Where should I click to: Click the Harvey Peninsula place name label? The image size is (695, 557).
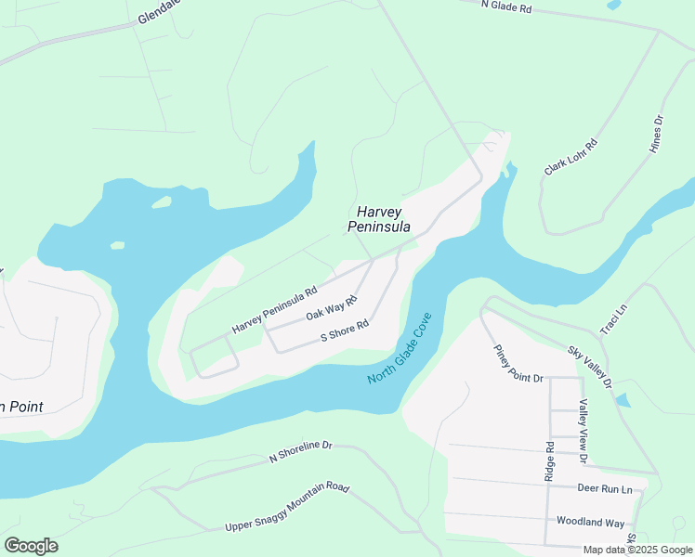tap(379, 219)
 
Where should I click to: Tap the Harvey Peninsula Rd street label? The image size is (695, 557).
tap(274, 309)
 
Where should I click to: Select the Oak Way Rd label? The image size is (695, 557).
tap(332, 308)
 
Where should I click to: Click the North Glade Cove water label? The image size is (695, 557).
tap(400, 349)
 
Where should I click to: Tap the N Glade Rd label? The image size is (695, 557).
tap(506, 6)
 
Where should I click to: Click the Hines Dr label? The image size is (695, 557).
tap(657, 134)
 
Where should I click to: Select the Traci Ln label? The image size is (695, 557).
tap(613, 318)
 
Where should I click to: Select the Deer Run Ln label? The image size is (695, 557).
tap(604, 488)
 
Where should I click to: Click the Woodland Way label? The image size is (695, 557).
tap(590, 523)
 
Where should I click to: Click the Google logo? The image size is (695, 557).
tap(31, 546)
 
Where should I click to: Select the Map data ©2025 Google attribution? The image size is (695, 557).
tap(636, 550)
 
